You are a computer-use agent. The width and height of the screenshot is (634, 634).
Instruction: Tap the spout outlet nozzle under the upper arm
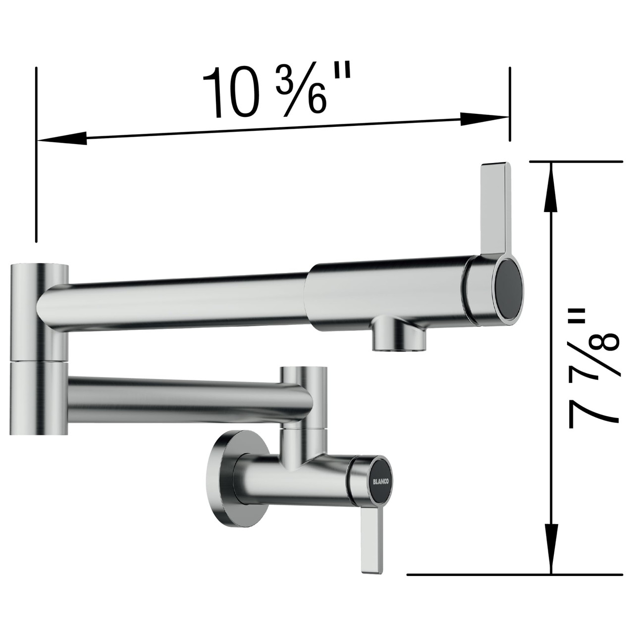(x=399, y=337)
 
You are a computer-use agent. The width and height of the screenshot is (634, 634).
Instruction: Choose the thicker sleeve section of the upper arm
(x=386, y=292)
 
